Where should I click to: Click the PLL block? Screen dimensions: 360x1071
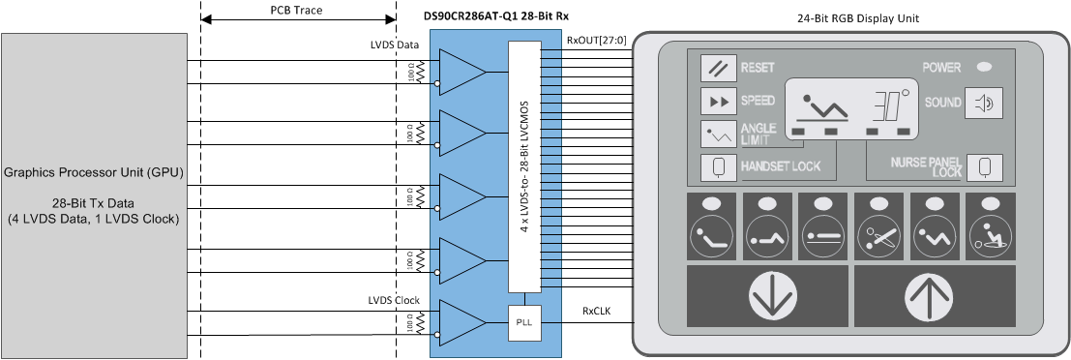click(x=523, y=319)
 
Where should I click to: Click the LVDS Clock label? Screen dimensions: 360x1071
click(x=394, y=300)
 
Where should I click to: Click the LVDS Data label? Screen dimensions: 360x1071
click(x=395, y=45)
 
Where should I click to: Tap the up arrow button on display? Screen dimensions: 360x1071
click(x=935, y=298)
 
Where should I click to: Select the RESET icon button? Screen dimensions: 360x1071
click(x=718, y=68)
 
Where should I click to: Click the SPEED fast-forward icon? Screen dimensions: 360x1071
click(x=718, y=101)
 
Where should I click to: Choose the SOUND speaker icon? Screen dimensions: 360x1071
click(x=982, y=102)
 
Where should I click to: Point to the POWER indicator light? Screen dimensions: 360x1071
click(x=984, y=68)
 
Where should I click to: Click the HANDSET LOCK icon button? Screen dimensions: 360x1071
click(x=718, y=166)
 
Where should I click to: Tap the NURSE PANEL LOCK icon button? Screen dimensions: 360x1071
click(x=984, y=166)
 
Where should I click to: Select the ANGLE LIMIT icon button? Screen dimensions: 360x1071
click(x=718, y=134)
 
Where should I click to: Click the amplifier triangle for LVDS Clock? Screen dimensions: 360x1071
click(x=461, y=323)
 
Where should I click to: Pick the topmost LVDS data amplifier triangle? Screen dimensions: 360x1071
click(x=461, y=73)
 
